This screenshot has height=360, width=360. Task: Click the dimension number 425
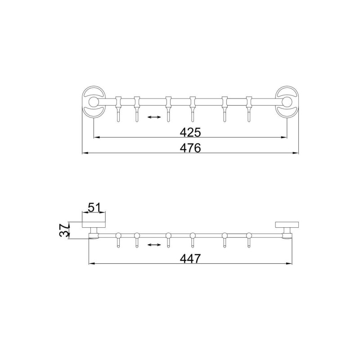click(x=190, y=132)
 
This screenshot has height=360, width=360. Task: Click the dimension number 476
click(x=190, y=148)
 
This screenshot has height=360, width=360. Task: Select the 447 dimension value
click(x=190, y=258)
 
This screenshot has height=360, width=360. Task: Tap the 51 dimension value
click(x=94, y=208)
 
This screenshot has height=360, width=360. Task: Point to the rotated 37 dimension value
click(x=64, y=230)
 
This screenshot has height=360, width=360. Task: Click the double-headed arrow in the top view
click(x=154, y=117)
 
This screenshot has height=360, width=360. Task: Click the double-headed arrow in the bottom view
click(x=154, y=245)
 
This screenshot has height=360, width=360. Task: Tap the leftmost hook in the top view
click(x=118, y=108)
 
